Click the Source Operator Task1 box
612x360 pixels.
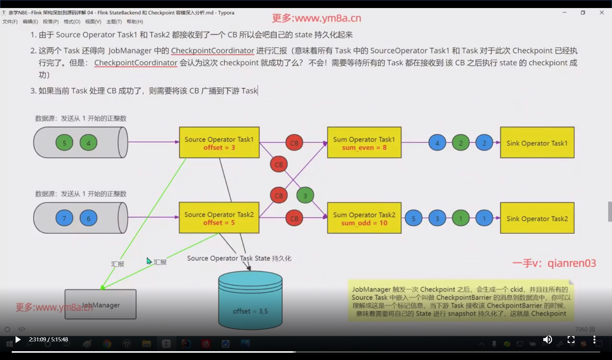pos(219,142)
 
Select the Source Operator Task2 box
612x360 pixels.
pos(219,218)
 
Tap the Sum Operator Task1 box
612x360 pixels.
pos(364,142)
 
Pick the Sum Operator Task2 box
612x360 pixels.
pos(364,218)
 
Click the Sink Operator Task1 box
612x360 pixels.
pos(537,142)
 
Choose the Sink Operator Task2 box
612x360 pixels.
pos(537,218)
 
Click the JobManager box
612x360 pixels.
pos(100,305)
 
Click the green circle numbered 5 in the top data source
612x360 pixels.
pos(64,143)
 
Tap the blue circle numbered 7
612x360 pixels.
pos(64,218)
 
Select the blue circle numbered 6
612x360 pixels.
pos(88,218)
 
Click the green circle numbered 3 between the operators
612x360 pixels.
pos(305,196)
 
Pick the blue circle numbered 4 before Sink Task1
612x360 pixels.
pos(437,143)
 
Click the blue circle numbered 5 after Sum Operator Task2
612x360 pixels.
pos(414,218)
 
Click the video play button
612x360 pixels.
pos(18,340)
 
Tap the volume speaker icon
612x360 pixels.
pos(547,340)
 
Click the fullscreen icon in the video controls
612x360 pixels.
pos(571,340)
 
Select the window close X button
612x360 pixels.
pos(602,12)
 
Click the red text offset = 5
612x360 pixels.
pos(219,223)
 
